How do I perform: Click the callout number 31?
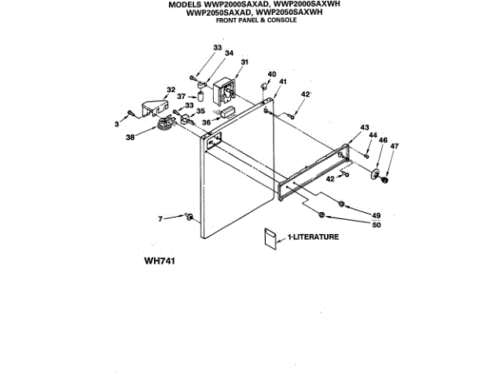point(244,62)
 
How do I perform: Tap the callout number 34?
point(229,53)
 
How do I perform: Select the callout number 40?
point(272,75)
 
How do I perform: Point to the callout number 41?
point(282,82)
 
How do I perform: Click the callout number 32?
point(170,90)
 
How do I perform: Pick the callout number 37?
point(181,97)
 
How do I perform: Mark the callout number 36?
point(206,122)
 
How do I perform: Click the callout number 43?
point(364,127)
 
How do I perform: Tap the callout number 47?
point(395,147)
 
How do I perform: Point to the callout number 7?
point(161,218)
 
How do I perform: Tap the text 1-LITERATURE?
point(313,236)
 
